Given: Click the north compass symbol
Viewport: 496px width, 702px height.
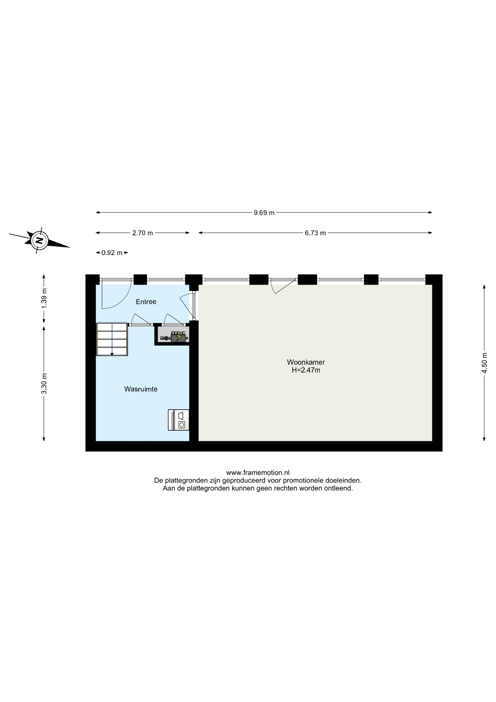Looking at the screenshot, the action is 39,240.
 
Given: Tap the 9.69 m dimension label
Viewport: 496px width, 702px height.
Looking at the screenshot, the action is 264,213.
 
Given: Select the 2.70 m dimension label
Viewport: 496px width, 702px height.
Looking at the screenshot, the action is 142,233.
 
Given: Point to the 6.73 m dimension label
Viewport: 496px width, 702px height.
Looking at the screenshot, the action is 315,233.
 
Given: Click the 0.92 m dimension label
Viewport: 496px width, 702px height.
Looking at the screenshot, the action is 112,253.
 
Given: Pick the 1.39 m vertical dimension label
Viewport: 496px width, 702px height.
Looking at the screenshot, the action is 44,298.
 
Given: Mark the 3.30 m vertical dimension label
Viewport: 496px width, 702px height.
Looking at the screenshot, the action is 44,383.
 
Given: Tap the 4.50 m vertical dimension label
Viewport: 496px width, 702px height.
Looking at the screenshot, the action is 485,363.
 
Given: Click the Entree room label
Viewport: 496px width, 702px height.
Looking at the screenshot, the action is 146,302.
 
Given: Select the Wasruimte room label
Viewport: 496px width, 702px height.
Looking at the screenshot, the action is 141,389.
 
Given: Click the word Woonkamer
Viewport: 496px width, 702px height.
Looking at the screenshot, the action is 306,362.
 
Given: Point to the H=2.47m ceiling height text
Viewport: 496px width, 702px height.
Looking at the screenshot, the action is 306,370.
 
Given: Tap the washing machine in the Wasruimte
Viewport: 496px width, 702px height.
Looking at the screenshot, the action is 179,420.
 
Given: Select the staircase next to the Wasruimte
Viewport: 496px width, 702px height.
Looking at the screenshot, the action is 112,339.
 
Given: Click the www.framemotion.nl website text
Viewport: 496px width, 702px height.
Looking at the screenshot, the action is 257,473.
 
